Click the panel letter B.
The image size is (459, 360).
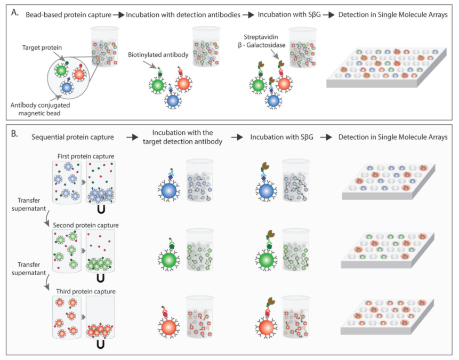[x=14, y=134]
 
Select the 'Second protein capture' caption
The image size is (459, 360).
[x=86, y=225]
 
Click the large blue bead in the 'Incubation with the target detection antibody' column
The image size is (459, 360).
[x=168, y=191]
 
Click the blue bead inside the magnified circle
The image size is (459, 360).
[x=67, y=87]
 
